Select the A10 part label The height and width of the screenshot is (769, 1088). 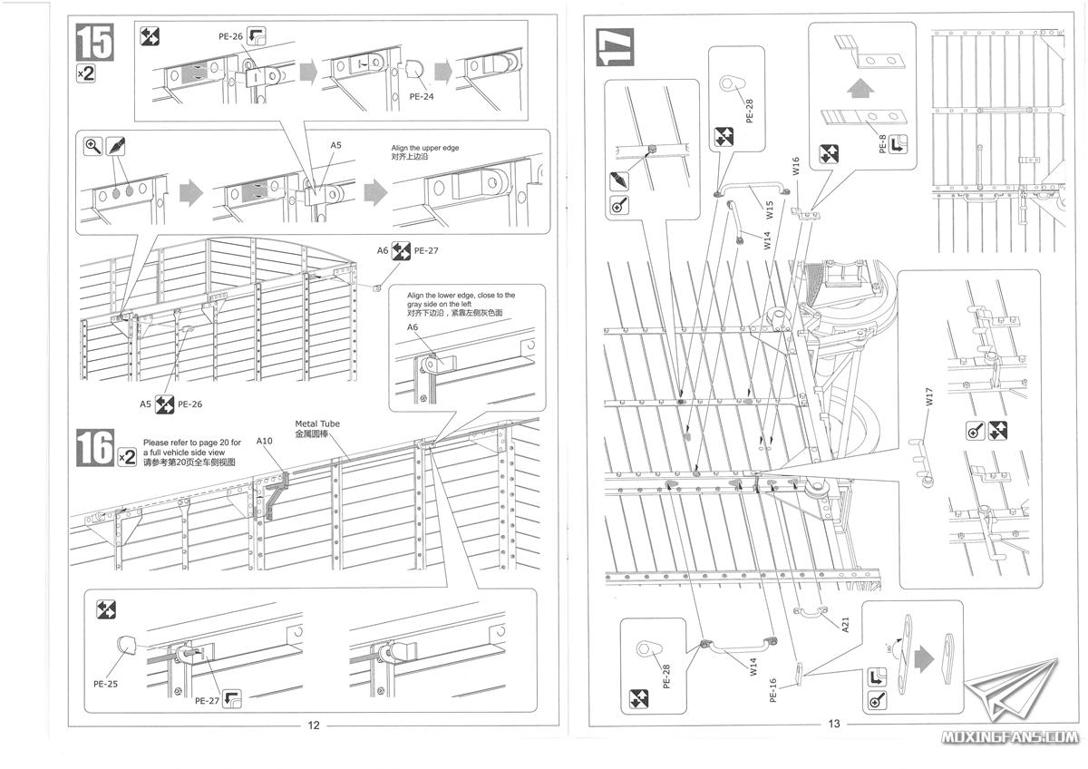pos(264,441)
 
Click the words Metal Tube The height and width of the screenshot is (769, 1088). pos(315,423)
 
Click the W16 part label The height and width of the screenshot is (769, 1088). pos(795,166)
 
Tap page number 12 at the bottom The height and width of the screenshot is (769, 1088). pos(314,725)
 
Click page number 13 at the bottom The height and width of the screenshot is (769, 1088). pos(835,724)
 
